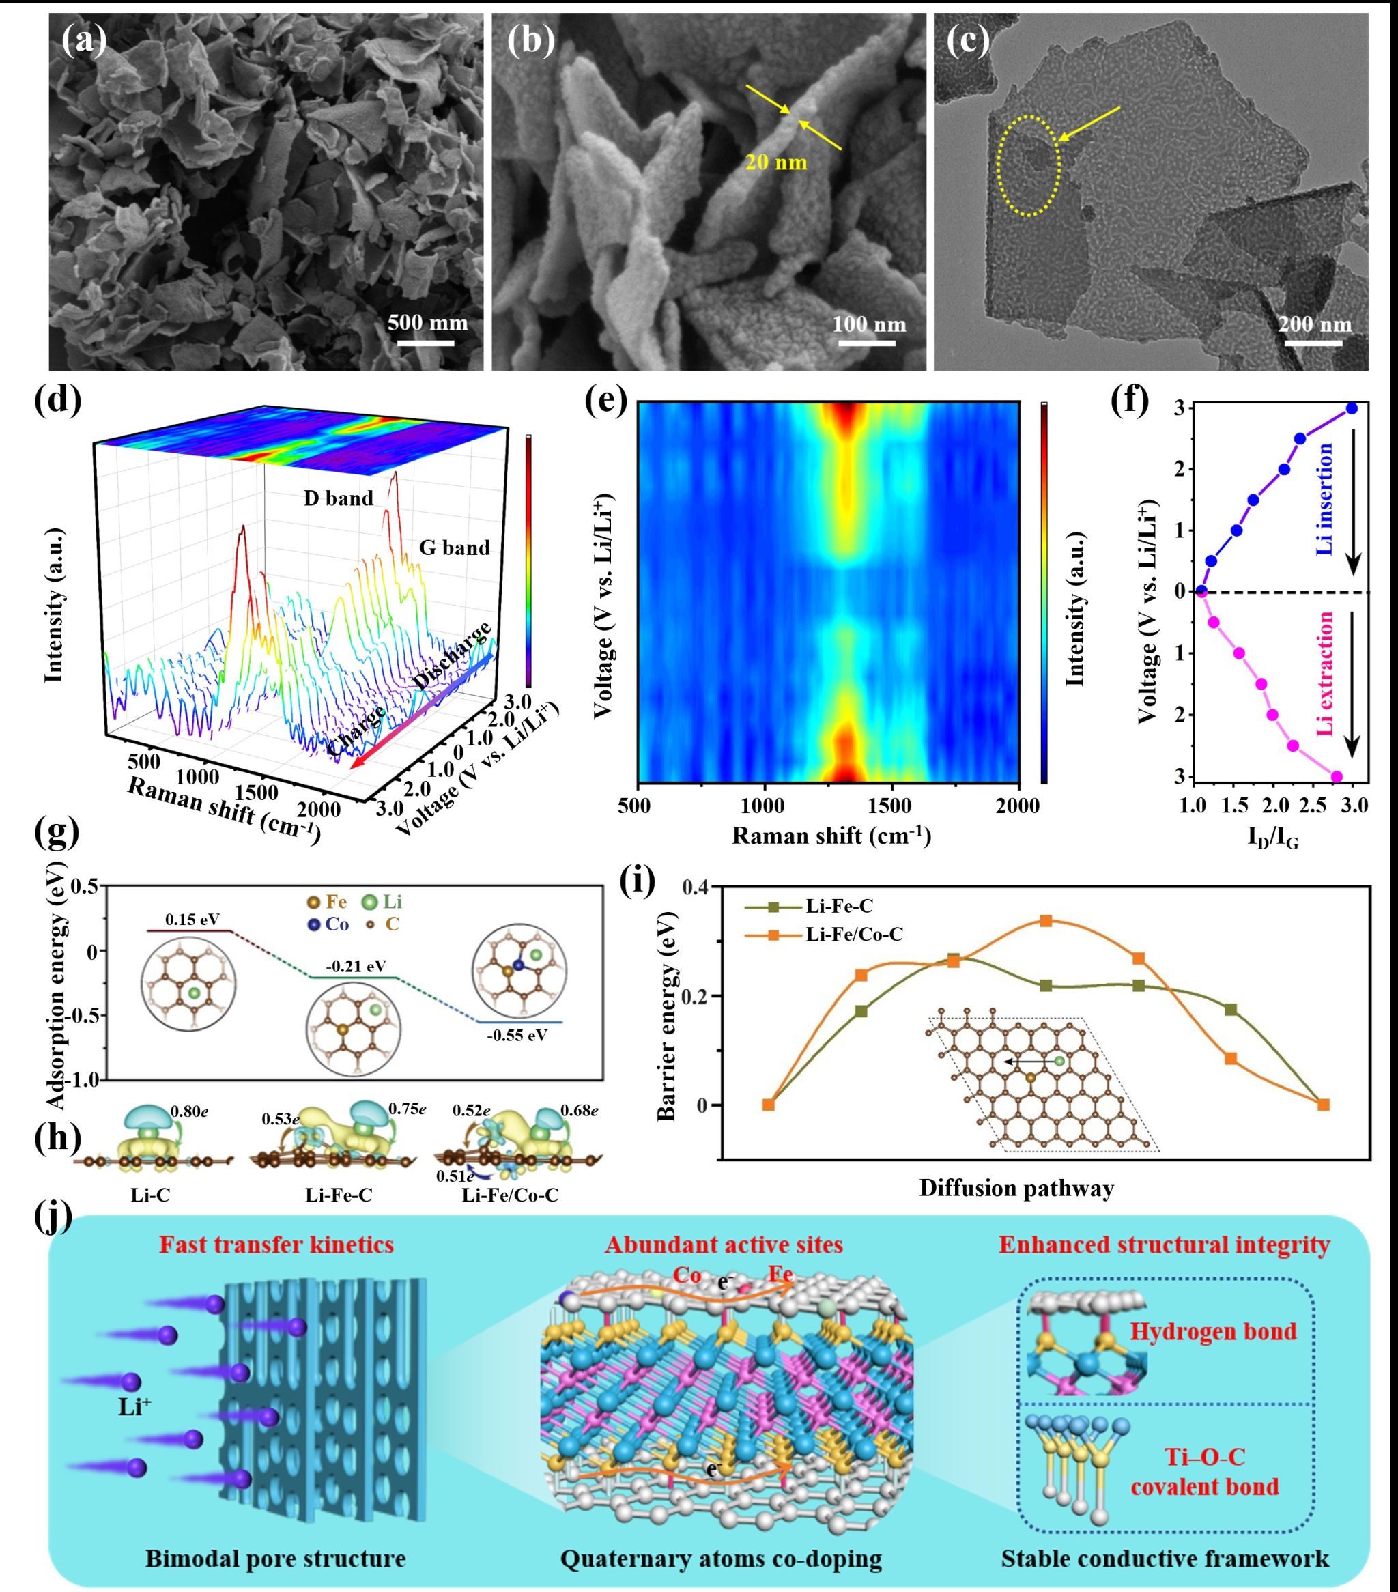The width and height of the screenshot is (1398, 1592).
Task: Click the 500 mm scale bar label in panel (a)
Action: [x=427, y=322]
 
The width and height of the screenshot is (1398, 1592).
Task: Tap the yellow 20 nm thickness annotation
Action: [x=775, y=162]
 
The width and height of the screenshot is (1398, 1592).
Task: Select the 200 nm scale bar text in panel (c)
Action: [x=1315, y=323]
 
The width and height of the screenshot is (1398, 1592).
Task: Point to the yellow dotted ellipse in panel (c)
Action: [x=1029, y=166]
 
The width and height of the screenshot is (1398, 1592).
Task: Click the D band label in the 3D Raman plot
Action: [x=338, y=498]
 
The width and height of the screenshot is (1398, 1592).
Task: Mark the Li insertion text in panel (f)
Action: [x=1325, y=498]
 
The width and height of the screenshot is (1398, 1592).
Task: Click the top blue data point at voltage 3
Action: [x=1352, y=408]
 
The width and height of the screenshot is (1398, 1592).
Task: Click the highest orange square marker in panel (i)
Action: [x=1046, y=921]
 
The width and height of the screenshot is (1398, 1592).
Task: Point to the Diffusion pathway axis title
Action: [x=1016, y=1188]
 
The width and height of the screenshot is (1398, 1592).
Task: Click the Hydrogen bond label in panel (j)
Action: [x=1212, y=1331]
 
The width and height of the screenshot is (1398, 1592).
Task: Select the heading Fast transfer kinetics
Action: [x=276, y=1245]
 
